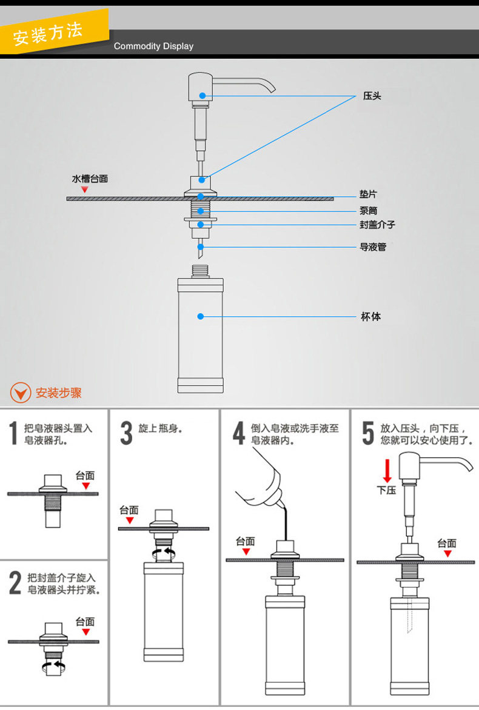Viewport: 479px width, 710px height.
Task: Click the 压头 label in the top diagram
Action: tap(372, 96)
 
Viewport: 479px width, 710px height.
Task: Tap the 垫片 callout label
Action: tap(367, 194)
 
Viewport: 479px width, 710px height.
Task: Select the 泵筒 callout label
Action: tap(367, 211)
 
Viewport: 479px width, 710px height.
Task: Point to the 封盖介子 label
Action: tap(377, 225)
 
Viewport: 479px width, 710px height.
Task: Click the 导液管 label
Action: tap(372, 247)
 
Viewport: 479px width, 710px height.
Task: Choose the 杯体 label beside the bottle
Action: tap(371, 317)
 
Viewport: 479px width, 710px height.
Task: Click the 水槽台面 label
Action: tap(90, 179)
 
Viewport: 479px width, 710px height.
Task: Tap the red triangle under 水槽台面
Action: tap(85, 190)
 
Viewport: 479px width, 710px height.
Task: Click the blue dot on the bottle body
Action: tap(201, 316)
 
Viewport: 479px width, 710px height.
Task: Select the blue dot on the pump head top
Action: tap(202, 96)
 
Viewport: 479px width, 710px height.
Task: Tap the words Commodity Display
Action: tap(153, 46)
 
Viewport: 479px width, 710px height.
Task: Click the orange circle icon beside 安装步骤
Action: tap(21, 393)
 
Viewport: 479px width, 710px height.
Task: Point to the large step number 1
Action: tap(13, 434)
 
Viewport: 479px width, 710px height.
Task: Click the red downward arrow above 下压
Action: tap(387, 471)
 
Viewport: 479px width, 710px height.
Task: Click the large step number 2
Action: tap(15, 583)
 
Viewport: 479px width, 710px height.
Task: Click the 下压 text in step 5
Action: tap(386, 489)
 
